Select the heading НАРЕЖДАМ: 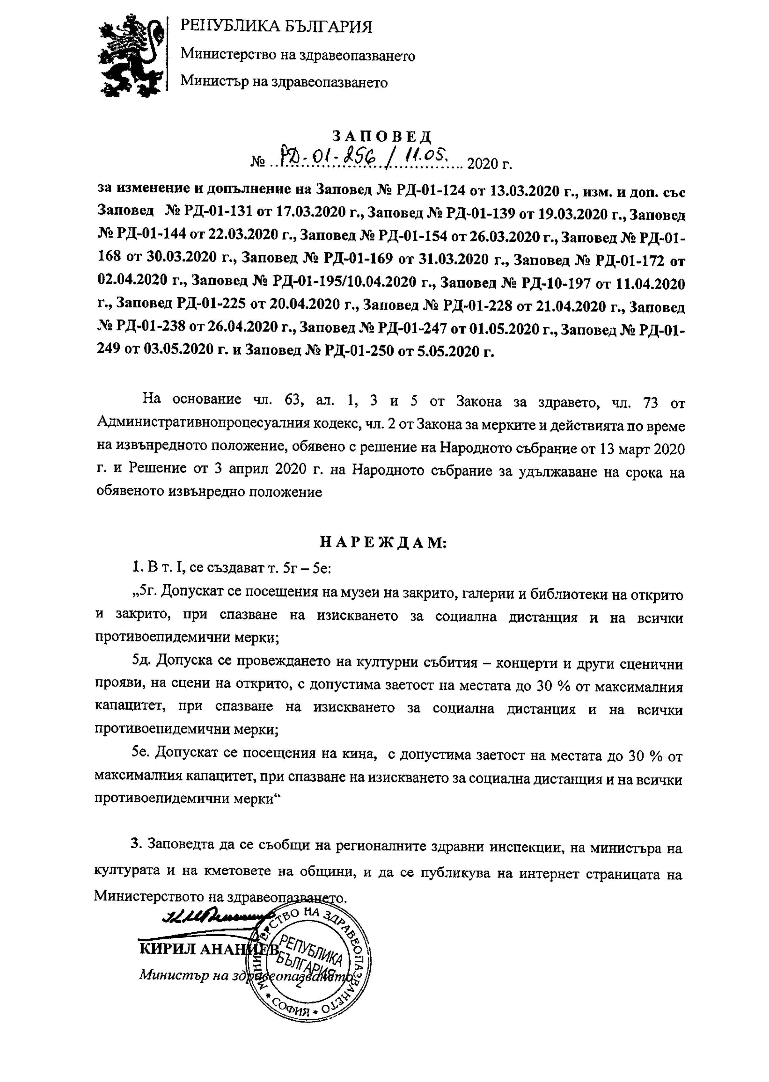point(383,542)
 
